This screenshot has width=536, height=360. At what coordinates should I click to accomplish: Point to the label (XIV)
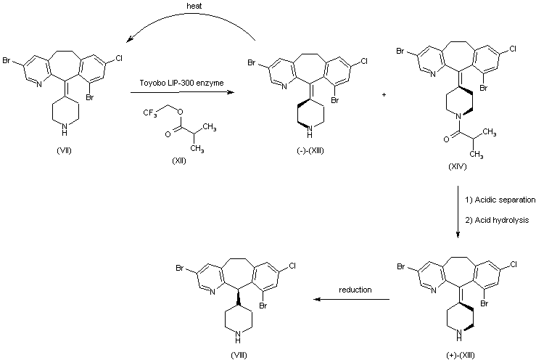458,166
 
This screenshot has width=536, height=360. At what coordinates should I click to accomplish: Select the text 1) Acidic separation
495,199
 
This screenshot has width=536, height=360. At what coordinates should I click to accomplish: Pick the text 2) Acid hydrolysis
492,218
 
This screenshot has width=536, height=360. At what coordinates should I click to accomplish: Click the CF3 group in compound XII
149,112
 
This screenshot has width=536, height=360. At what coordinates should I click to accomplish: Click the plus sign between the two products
382,95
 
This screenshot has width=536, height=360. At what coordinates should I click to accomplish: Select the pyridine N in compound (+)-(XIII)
433,290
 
